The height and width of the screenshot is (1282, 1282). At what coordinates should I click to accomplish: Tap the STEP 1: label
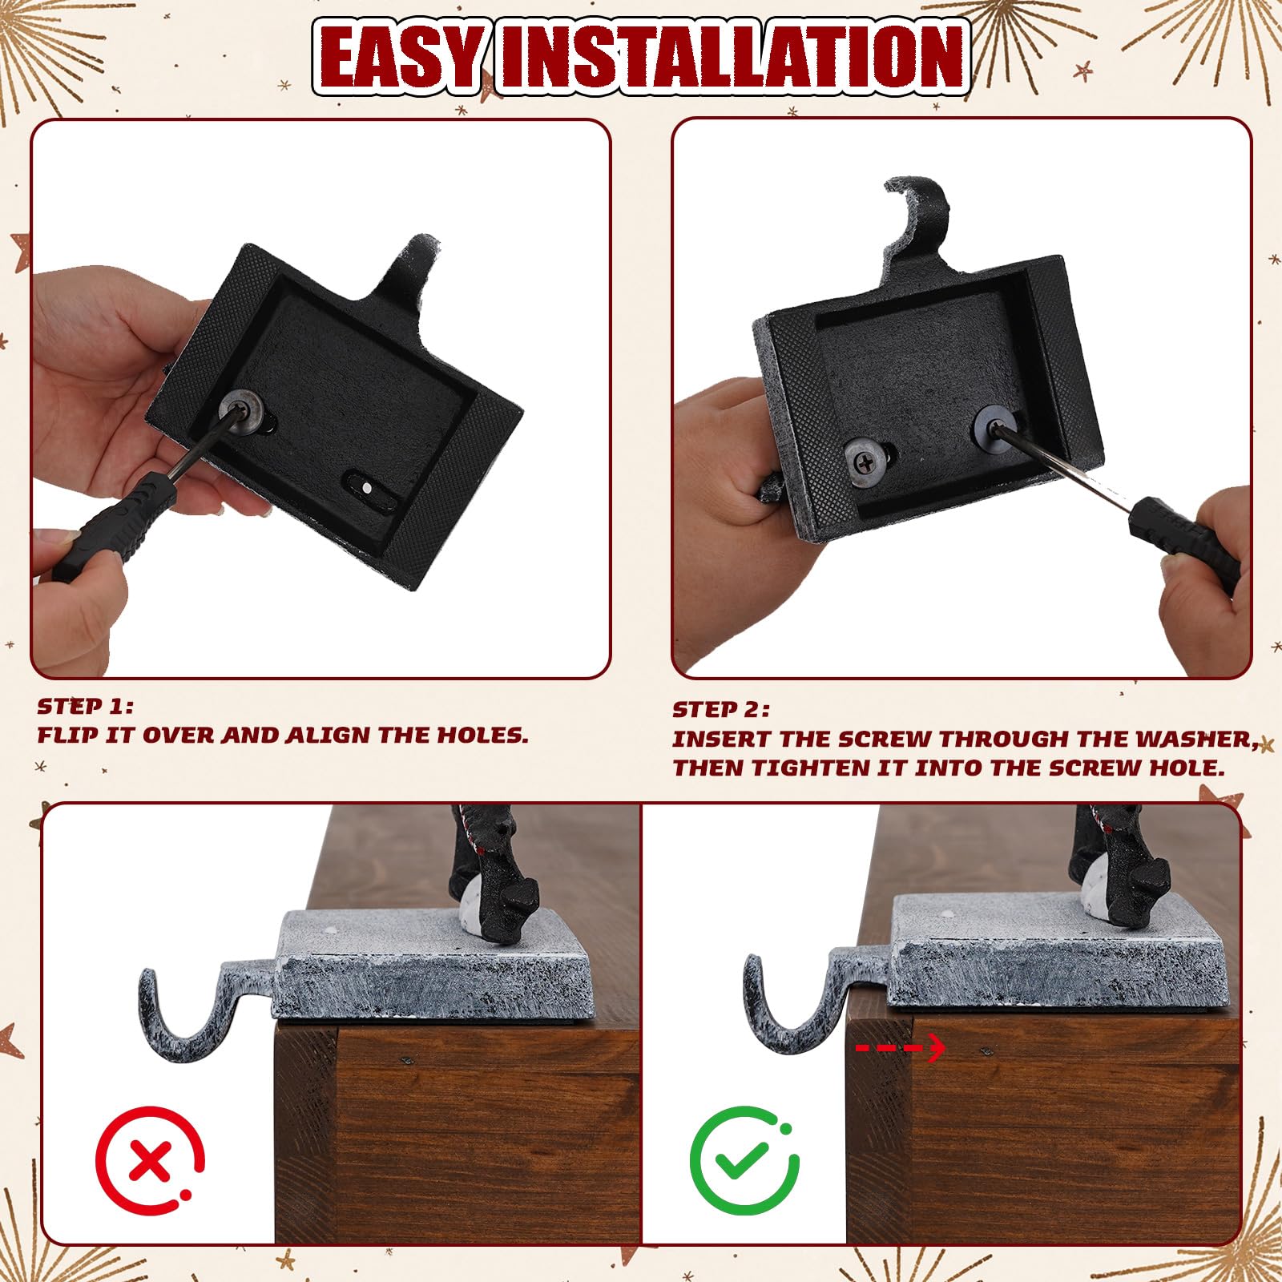85,707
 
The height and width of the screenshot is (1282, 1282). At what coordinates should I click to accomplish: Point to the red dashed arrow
901,1047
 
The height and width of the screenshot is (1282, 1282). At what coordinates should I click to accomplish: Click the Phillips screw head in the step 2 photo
866,462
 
